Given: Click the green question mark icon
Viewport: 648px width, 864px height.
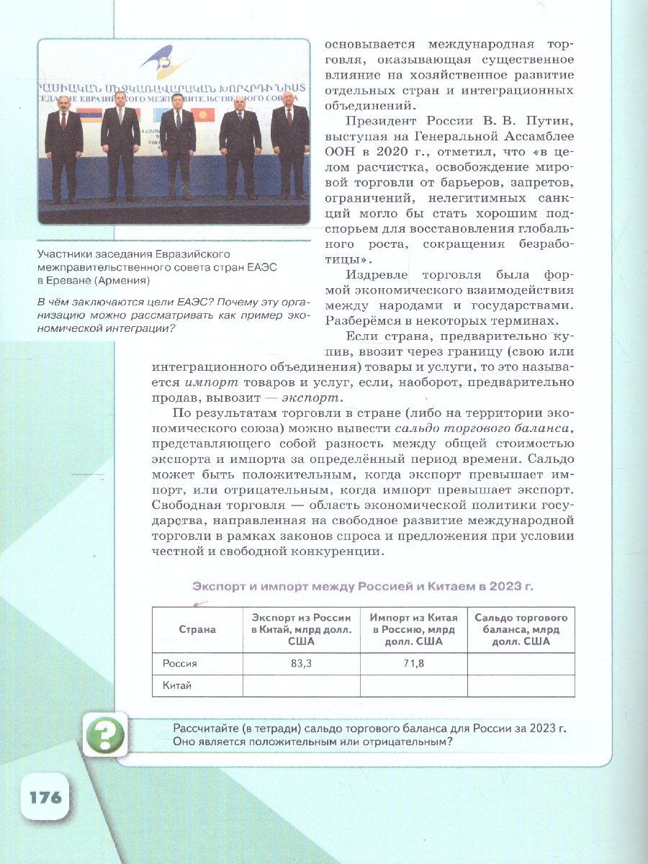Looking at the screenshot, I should pos(105,735).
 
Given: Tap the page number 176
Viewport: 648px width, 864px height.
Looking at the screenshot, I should pos(45,797).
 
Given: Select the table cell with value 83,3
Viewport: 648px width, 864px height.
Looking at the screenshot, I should pos(301,664).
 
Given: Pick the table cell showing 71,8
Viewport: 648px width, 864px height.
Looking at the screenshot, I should pos(413,664).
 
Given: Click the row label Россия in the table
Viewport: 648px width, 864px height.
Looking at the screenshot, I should pos(180,664).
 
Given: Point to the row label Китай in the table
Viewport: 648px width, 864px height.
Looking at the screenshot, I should pos(177,685).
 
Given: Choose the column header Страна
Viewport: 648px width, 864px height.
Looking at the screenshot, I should pos(197,629).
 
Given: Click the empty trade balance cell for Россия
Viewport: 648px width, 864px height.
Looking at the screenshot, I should pos(521,664).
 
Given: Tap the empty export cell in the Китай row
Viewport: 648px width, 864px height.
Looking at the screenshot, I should pos(301,685).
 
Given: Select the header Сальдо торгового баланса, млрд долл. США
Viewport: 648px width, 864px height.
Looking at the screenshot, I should pos(521,629).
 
